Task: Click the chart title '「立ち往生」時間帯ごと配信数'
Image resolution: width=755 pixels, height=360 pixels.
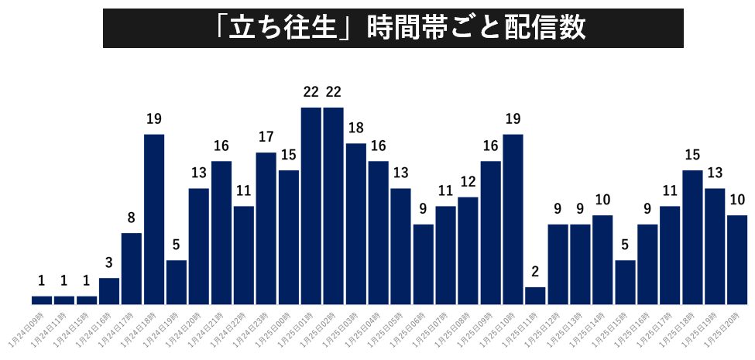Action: click(x=393, y=28)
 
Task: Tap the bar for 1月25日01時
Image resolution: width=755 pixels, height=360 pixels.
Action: click(x=311, y=205)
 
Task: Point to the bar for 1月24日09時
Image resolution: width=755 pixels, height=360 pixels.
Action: click(x=42, y=300)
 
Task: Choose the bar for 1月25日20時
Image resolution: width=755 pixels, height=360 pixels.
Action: click(x=737, y=259)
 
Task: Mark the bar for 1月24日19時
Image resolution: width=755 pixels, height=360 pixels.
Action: click(x=177, y=282)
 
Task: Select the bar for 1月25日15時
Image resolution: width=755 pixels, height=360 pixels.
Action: click(x=625, y=282)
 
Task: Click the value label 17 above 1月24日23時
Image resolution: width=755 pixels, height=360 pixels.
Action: click(x=266, y=137)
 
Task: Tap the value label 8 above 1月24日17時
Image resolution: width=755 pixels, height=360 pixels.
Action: click(x=132, y=218)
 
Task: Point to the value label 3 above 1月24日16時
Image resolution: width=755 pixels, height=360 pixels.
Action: click(x=109, y=262)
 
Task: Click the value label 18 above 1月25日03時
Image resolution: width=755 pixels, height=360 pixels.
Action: click(x=356, y=128)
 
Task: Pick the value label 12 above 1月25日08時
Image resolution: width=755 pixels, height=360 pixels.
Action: click(x=468, y=182)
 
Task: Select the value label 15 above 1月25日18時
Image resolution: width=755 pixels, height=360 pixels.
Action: click(x=692, y=155)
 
